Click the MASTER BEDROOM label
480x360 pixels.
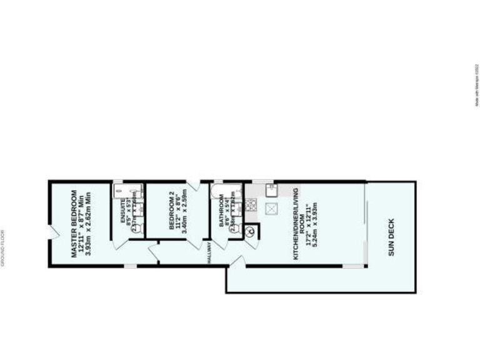pyautogui.click(x=72, y=223)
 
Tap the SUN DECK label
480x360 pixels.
pyautogui.click(x=391, y=236)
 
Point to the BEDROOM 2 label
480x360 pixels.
pyautogui.click(x=171, y=212)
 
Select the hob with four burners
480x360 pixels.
pyautogui.click(x=251, y=204)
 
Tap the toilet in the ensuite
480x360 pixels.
pyautogui.click(x=138, y=229)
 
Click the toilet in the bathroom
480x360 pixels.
pyautogui.click(x=235, y=229)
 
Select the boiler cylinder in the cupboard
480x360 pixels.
pyautogui.click(x=251, y=232)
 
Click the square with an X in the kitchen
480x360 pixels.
pyautogui.click(x=272, y=209)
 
